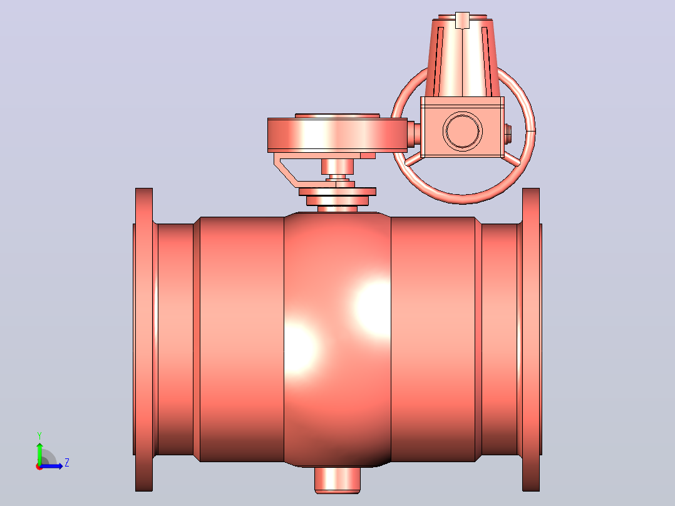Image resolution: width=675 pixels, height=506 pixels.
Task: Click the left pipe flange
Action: click(x=144, y=339)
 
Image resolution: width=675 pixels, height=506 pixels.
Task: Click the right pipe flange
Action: click(x=531, y=339)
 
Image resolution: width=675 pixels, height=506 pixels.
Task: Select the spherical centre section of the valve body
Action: click(x=337, y=339)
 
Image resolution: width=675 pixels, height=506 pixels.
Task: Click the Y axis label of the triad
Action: click(x=39, y=435)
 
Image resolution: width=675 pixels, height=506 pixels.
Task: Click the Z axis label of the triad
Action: click(x=67, y=463)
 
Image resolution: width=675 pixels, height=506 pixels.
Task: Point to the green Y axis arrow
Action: click(x=39, y=453)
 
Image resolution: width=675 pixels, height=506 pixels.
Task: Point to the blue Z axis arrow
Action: click(x=51, y=466)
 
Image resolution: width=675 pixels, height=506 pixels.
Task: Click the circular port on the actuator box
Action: click(x=462, y=131)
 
